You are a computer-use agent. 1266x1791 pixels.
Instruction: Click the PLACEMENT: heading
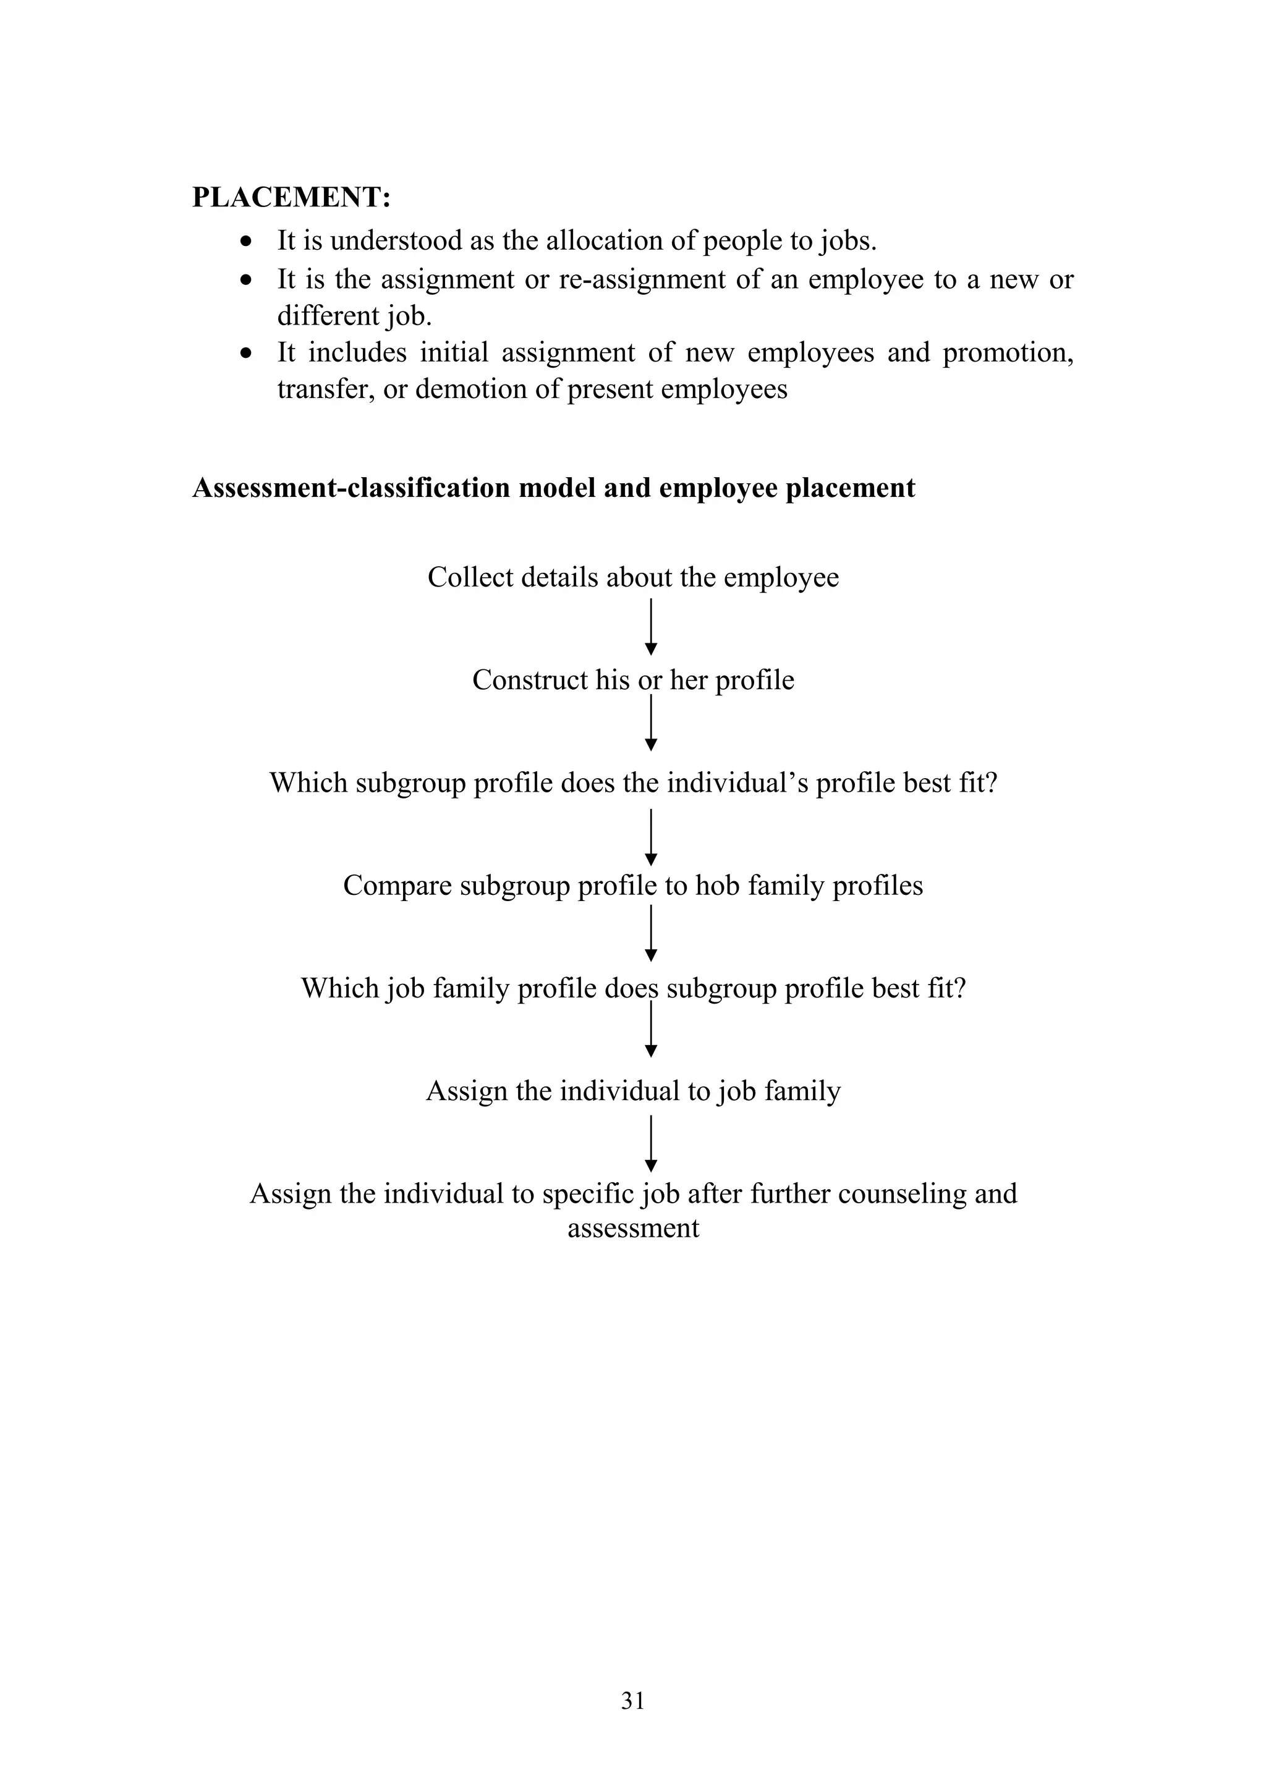(x=291, y=197)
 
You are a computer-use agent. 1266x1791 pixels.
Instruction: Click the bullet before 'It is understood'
(x=247, y=241)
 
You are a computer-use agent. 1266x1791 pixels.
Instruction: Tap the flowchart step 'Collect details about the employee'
(x=632, y=577)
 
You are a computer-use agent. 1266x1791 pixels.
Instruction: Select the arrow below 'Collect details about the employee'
(x=650, y=627)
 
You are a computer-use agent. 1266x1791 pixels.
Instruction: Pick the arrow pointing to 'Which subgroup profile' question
(x=650, y=723)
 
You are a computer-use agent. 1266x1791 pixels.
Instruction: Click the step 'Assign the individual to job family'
(x=632, y=1091)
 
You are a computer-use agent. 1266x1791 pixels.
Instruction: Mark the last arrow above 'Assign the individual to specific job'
(x=650, y=1143)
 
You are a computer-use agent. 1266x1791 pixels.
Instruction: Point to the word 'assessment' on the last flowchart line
(x=632, y=1228)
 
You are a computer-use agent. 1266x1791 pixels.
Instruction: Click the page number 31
(x=632, y=1701)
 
